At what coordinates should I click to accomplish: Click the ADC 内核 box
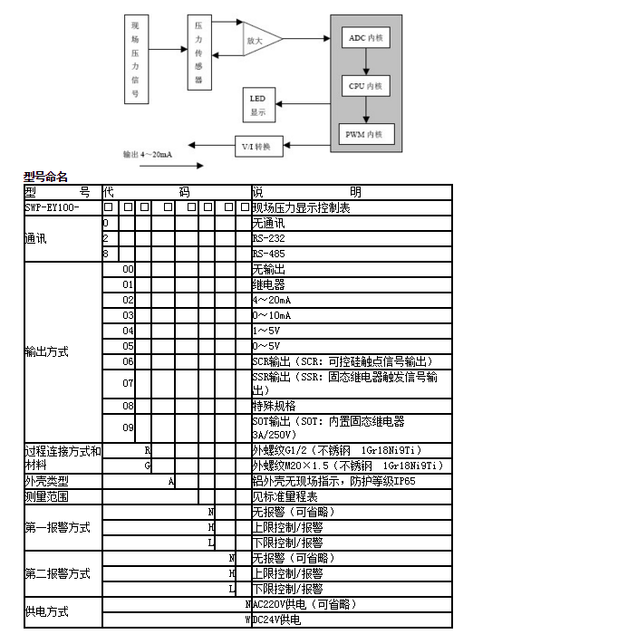(x=366, y=38)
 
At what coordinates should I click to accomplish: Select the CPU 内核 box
(x=366, y=87)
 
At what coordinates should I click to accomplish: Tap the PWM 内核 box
(x=366, y=135)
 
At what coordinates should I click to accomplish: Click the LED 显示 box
(x=258, y=106)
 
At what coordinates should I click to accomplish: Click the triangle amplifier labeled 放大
(x=258, y=41)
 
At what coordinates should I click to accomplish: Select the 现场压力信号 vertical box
(x=136, y=62)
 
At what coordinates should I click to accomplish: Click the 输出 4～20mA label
(x=148, y=155)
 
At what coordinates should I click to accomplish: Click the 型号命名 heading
(x=45, y=178)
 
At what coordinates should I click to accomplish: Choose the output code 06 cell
(x=129, y=360)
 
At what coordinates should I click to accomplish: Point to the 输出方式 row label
(x=46, y=351)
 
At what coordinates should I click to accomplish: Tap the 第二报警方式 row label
(x=57, y=573)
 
